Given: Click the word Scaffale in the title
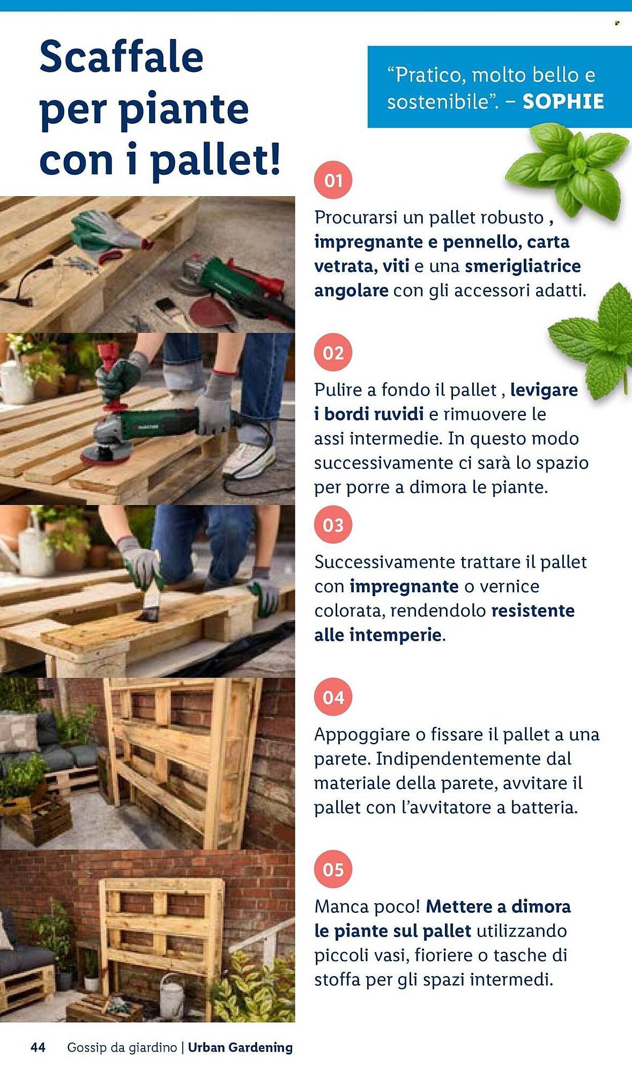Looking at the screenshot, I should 121,57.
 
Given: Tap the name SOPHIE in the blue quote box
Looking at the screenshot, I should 563,101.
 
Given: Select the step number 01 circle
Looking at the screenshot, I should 333,180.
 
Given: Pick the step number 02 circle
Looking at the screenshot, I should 333,353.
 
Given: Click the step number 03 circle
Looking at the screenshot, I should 333,525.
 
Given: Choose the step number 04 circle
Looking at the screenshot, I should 333,697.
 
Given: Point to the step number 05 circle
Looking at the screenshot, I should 333,869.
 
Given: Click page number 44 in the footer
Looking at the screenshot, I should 38,1047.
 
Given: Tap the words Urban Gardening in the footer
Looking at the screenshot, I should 240,1047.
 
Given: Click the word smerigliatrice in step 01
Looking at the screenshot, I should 523,266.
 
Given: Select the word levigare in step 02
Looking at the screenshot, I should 544,390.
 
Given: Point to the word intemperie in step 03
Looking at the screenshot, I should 396,635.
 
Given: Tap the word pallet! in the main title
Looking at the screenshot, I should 215,160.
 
